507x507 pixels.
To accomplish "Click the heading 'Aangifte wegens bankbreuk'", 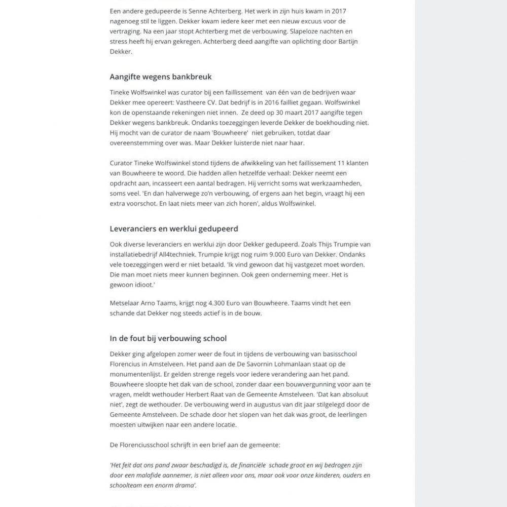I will tap(160, 77).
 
